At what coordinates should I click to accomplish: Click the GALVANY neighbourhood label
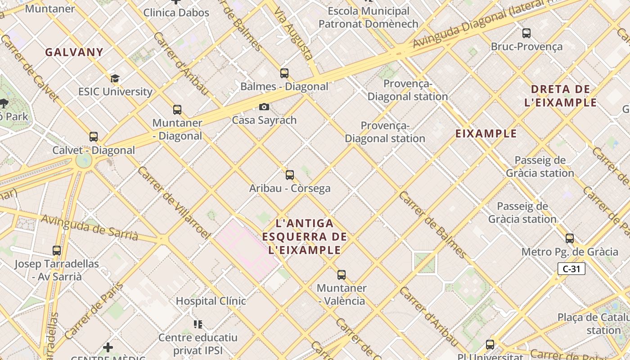click(74, 52)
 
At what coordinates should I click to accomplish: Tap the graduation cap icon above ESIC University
click(115, 78)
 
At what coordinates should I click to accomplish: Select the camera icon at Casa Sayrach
click(264, 107)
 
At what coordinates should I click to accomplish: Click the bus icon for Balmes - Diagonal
click(284, 73)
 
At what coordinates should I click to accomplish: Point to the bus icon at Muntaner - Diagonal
click(177, 109)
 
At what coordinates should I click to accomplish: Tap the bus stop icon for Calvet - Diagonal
click(94, 136)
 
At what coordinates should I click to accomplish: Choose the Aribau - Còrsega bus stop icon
click(290, 175)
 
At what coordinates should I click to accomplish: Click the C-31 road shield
click(571, 269)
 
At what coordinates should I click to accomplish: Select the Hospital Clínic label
click(211, 301)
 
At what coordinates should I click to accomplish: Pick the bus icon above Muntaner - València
click(342, 274)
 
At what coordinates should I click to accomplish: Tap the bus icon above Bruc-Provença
click(526, 33)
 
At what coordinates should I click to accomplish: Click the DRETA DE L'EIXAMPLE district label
click(560, 96)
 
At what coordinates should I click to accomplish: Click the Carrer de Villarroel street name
click(174, 202)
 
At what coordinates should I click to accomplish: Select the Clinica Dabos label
click(176, 13)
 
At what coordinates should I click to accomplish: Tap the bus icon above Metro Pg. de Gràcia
click(570, 238)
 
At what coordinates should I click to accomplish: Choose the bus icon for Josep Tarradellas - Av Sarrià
click(57, 250)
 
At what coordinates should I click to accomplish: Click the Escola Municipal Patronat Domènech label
click(369, 18)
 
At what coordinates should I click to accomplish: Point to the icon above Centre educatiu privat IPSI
click(198, 324)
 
